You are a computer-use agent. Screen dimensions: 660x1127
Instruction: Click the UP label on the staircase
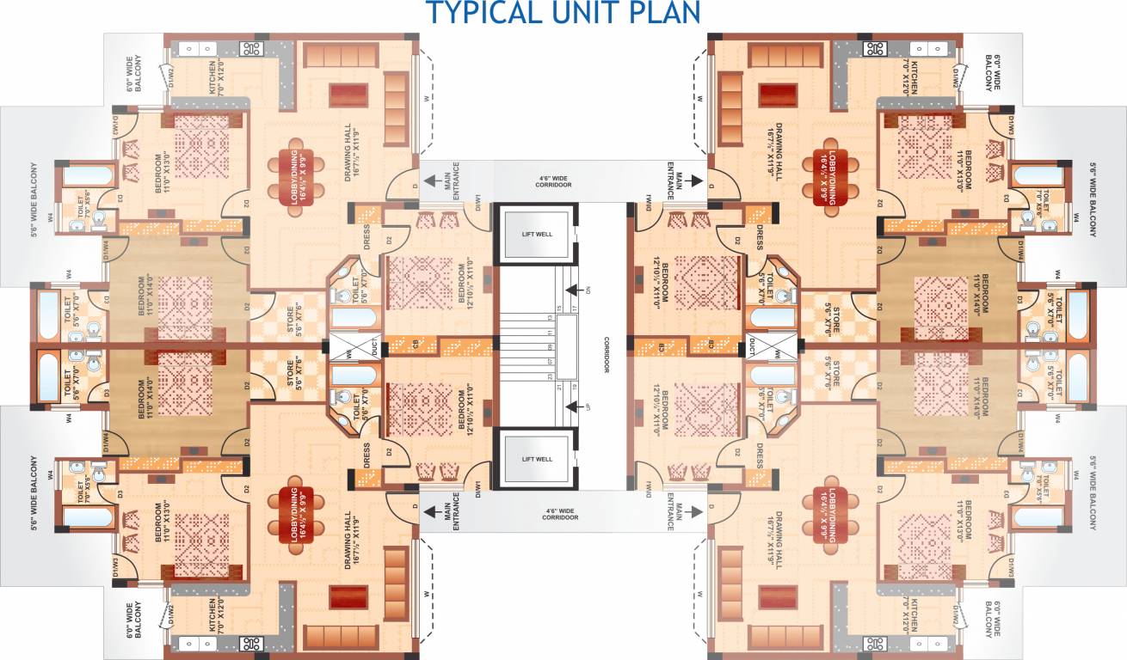[x=588, y=402]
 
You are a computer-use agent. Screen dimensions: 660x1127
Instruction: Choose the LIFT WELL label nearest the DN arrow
[x=535, y=233]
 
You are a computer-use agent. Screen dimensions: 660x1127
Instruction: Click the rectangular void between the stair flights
[x=567, y=346]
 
